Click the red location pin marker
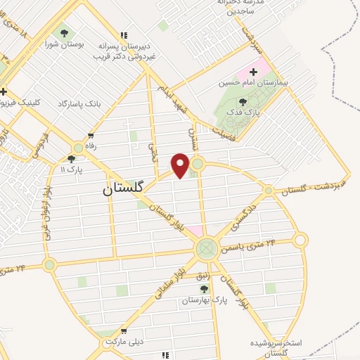181,165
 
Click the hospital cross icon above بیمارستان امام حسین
253,72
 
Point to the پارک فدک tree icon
243,103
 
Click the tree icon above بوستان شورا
65,32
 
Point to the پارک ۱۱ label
70,170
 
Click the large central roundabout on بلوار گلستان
207,247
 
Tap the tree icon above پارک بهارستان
204,289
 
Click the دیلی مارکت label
124,342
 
